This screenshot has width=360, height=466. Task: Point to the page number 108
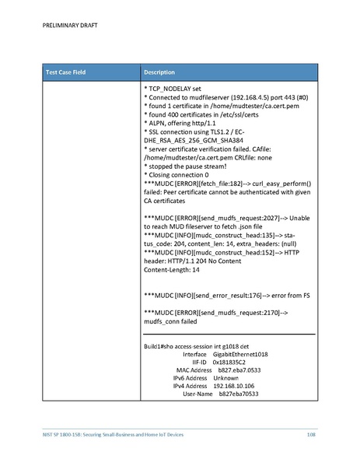tap(310, 433)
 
